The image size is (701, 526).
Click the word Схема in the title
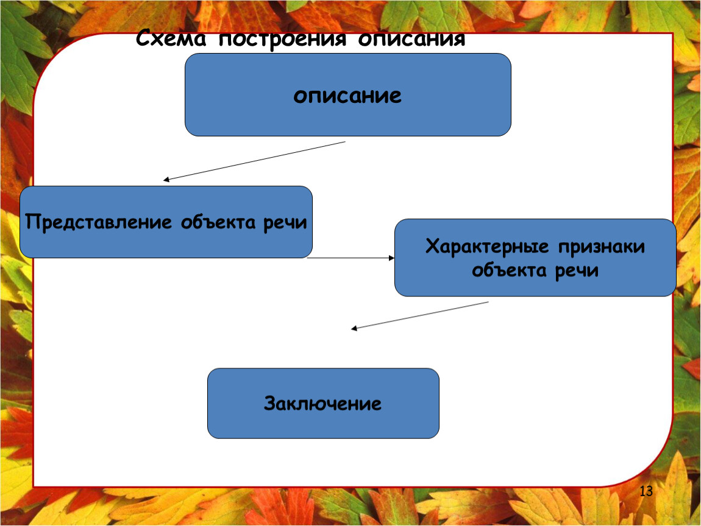coord(171,38)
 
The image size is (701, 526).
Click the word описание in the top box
coord(347,95)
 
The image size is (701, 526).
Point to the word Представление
coord(98,222)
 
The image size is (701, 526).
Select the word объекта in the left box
coord(218,222)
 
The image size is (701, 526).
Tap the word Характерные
coord(487,247)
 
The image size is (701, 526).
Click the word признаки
coord(601,247)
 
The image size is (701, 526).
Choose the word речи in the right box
coord(577,271)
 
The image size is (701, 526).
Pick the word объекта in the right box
coord(509,270)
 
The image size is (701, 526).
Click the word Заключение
coord(323,403)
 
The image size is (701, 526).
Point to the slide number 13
coord(646,491)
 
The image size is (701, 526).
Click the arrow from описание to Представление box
coord(254,161)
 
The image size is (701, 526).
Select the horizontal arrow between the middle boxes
coord(351,258)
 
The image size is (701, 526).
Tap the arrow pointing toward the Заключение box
coord(420,315)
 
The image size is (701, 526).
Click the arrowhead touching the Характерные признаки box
coord(391,258)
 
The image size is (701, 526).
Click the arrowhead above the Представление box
coord(166,180)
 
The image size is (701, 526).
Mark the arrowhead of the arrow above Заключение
coord(354,328)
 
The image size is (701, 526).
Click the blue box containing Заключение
coord(323,403)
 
